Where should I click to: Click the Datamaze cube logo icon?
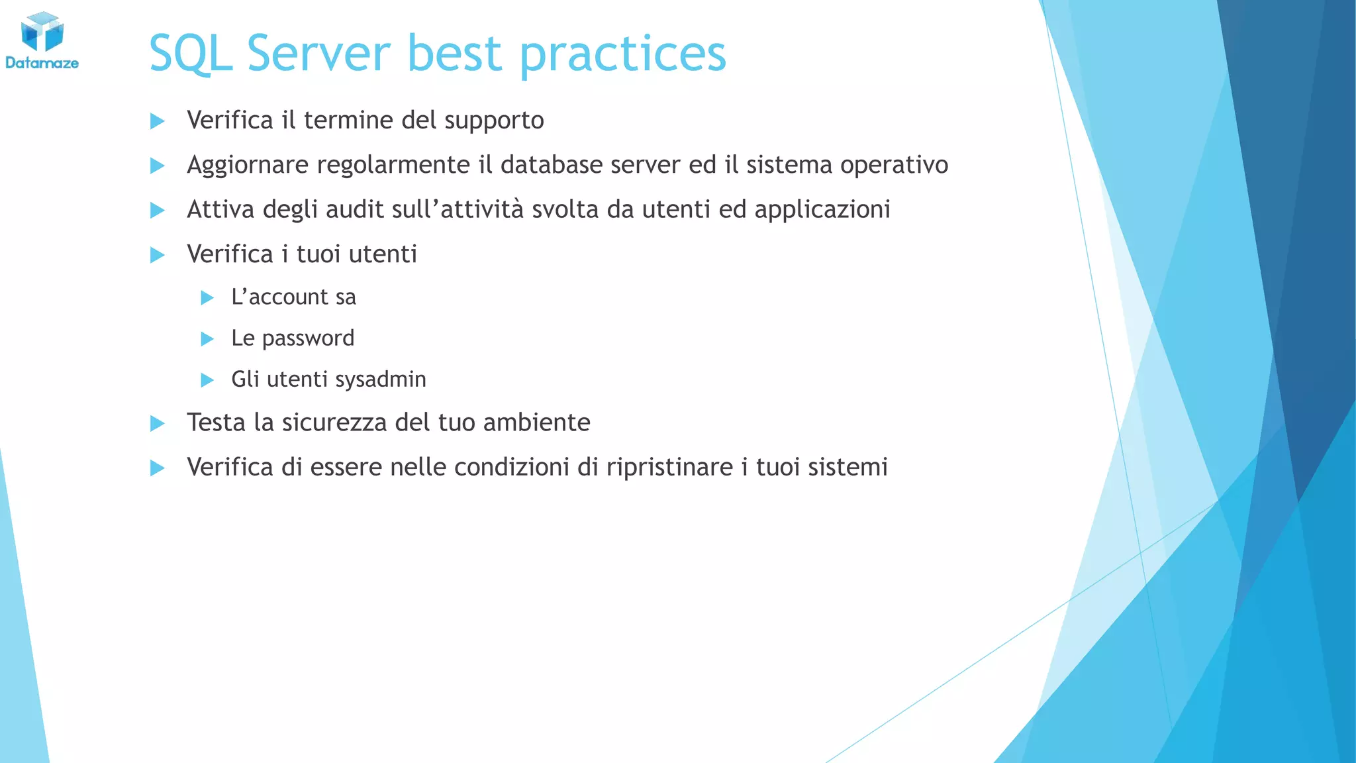point(42,31)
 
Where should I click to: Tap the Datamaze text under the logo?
point(42,64)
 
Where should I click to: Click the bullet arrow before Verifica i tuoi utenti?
point(158,255)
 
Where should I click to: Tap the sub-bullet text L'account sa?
point(293,297)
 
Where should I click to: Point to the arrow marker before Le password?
point(207,339)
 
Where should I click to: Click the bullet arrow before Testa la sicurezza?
point(158,423)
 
